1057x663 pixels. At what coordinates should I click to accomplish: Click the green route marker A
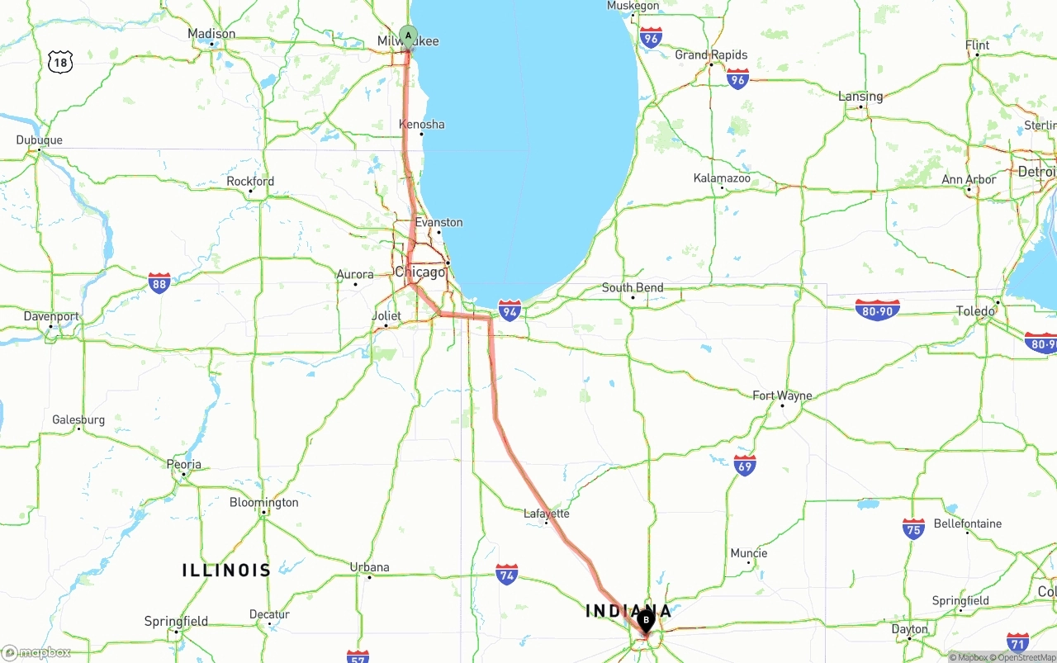408,36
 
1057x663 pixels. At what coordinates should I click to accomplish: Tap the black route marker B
646,619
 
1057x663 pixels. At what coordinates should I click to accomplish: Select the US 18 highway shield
59,61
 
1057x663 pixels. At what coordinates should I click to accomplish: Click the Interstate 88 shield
160,283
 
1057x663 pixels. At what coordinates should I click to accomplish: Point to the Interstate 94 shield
510,310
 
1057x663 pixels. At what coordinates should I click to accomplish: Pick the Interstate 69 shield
745,465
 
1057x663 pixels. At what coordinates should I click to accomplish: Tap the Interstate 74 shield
507,575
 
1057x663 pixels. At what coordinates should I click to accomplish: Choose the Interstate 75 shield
913,528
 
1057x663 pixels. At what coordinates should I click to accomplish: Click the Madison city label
211,34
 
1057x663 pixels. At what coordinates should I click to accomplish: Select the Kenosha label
422,125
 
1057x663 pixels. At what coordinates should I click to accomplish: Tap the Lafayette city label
547,514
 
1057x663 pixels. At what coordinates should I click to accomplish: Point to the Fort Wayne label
782,396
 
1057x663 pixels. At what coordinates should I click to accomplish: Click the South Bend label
633,288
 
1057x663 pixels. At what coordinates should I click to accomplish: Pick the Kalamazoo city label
722,178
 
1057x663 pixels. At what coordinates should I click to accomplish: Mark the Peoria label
184,464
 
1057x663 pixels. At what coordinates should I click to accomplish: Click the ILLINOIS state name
226,570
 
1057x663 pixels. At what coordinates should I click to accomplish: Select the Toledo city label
975,311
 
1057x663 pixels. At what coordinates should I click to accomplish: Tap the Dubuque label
39,140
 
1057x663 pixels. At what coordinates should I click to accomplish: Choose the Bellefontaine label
967,523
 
